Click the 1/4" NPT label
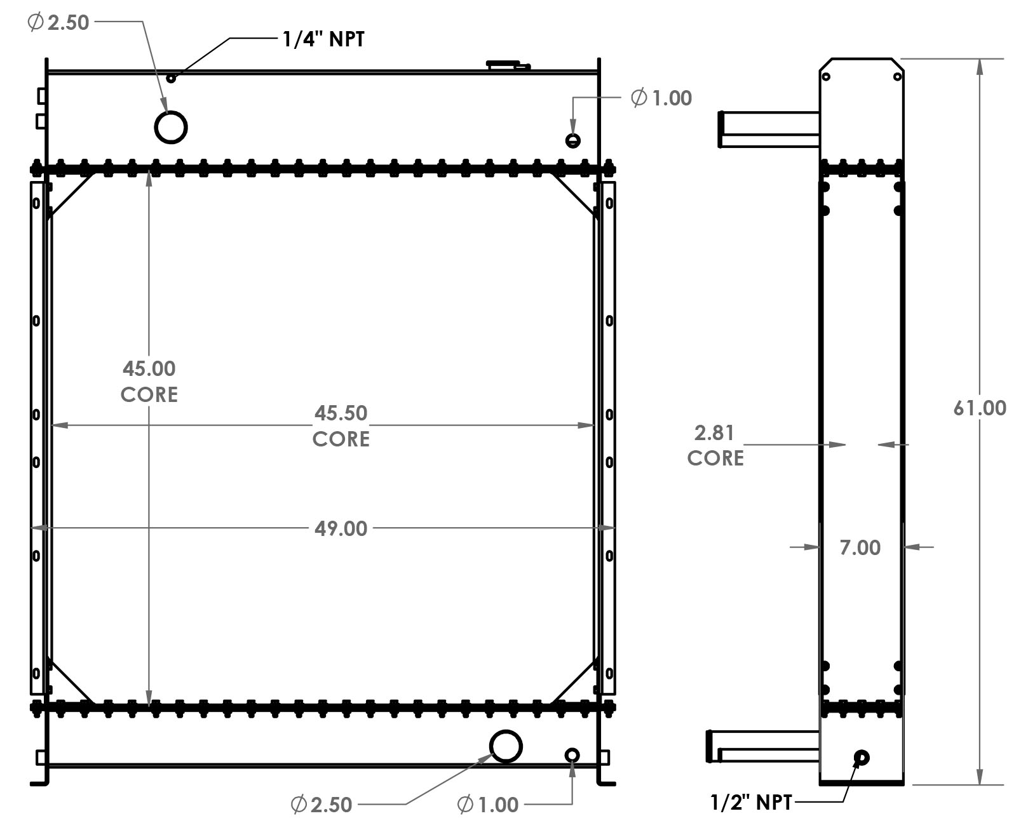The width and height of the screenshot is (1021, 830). pyautogui.click(x=323, y=39)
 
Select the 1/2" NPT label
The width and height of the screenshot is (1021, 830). pyautogui.click(x=751, y=802)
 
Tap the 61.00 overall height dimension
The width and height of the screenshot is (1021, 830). pyautogui.click(x=979, y=408)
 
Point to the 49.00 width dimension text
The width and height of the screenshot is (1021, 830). pyautogui.click(x=341, y=528)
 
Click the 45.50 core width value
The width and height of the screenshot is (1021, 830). pyautogui.click(x=341, y=413)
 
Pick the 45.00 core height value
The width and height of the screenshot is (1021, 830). pyautogui.click(x=149, y=368)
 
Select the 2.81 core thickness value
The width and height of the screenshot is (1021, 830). pyautogui.click(x=714, y=433)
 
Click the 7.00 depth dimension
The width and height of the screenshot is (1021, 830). pyautogui.click(x=860, y=547)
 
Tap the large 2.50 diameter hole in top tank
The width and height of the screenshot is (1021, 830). pyautogui.click(x=171, y=127)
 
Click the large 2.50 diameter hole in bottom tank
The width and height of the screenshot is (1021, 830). pyautogui.click(x=506, y=746)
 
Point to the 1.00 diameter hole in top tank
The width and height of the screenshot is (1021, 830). pyautogui.click(x=573, y=141)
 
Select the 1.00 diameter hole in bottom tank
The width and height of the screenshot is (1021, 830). pyautogui.click(x=572, y=754)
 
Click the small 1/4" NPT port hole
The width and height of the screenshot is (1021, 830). pyautogui.click(x=170, y=78)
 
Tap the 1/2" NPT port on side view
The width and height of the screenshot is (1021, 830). pyautogui.click(x=862, y=757)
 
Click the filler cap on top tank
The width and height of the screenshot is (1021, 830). pyautogui.click(x=507, y=64)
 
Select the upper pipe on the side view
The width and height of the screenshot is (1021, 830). pyautogui.click(x=769, y=129)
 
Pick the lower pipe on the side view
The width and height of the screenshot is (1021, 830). pyautogui.click(x=762, y=747)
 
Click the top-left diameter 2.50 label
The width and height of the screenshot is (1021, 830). pyautogui.click(x=58, y=23)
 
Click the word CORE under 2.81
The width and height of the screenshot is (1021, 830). pyautogui.click(x=715, y=459)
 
